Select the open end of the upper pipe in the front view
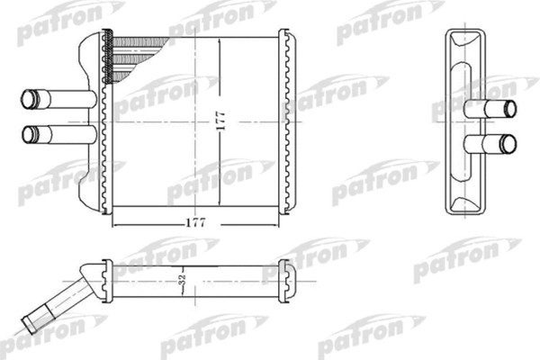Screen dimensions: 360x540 [27, 98]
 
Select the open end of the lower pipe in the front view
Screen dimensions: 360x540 [27, 135]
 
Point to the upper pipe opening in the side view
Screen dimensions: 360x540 [510, 109]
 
